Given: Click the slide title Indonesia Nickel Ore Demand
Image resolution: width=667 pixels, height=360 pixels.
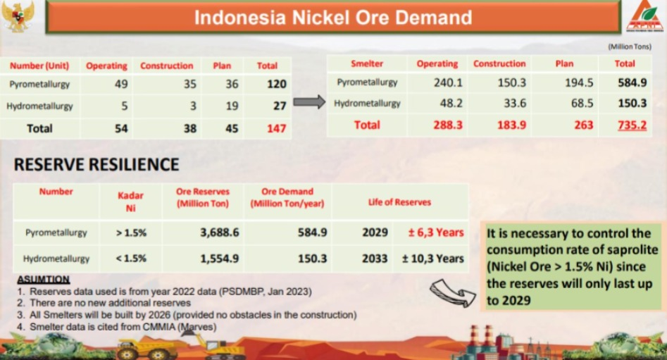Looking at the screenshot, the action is pos(333,18).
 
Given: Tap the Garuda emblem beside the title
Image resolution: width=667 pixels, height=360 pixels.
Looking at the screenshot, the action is pos(18,15).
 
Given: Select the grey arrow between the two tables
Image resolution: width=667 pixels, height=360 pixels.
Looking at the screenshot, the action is pos(309,102).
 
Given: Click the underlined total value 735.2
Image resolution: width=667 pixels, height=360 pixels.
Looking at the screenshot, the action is pos(632,125).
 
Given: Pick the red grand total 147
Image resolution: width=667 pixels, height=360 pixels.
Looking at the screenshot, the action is pos(277,128).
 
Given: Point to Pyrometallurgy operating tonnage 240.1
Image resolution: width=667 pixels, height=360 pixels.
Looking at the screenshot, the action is pos(448,82).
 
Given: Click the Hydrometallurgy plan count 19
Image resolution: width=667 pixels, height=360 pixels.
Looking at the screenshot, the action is pos(232,106).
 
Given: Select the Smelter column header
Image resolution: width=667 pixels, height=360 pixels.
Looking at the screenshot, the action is pos(367,64).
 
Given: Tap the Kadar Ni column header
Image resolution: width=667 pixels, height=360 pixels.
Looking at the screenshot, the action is pos(130,201).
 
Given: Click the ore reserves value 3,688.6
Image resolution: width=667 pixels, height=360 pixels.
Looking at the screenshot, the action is pos(220,232).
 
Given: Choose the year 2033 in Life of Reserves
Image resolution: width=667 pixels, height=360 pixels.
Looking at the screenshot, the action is pos(375,259).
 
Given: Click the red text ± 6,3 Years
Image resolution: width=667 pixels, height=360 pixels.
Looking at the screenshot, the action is pos(436,232).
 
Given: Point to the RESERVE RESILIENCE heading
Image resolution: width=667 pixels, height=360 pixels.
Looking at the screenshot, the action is pos(96,165).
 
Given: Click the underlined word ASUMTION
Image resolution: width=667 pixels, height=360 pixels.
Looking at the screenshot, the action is pos(44,280).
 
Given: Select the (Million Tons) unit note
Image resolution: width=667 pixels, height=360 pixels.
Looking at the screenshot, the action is pos(630,46).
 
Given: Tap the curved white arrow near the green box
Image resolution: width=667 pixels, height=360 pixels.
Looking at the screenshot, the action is pos(452,292).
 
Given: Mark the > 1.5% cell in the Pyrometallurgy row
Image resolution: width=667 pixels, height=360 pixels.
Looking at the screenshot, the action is pos(131,232).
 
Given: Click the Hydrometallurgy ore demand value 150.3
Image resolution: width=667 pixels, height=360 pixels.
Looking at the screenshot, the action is pos(312,259).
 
